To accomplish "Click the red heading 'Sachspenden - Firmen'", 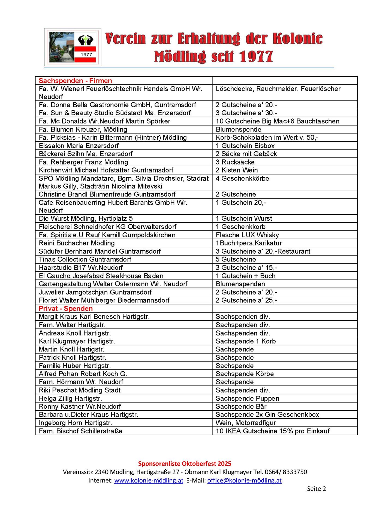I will coord(75,81).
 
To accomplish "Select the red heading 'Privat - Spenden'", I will coord(66,308).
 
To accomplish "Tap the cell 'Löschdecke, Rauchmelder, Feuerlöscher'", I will coord(278,89).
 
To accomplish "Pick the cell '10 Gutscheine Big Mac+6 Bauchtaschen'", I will coord(277,121).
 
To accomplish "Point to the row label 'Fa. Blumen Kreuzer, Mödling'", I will coord(83,129).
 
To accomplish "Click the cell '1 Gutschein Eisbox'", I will coord(245,146).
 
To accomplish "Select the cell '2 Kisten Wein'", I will coord(236,170).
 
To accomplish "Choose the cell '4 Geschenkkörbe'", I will coord(242,178).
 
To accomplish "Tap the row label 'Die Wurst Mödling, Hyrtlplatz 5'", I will coord(86,218).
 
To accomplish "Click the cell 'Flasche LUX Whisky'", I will coord(247,235).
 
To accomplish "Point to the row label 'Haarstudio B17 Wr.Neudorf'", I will coord(80,267).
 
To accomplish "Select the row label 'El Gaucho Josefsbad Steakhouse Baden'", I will coord(101,276).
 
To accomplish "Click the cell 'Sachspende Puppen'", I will coord(247,399).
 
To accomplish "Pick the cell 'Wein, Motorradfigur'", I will coord(246,423).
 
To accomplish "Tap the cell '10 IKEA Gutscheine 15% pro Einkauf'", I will coord(272,431).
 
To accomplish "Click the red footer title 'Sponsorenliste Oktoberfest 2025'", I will coord(185,464).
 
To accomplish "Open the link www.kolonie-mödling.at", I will coord(149,480).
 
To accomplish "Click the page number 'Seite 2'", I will coord(316,489).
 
